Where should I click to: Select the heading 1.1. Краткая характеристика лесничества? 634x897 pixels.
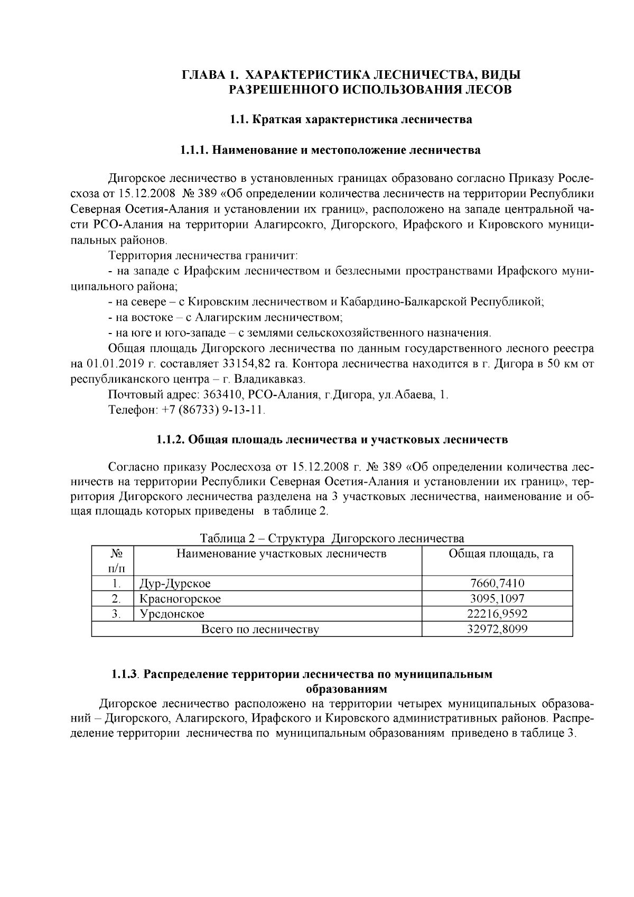point(351,119)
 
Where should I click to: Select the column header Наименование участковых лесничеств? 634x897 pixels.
point(281,553)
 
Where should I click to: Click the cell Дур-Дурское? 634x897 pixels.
point(175,584)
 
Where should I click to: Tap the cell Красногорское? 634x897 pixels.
point(180,599)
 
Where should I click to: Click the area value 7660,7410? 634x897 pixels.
point(497,584)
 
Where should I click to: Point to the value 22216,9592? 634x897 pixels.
point(497,614)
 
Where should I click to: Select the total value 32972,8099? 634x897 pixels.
point(497,630)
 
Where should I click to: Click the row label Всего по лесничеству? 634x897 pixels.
point(260,630)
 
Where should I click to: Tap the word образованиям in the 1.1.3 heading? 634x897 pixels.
point(346,689)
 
